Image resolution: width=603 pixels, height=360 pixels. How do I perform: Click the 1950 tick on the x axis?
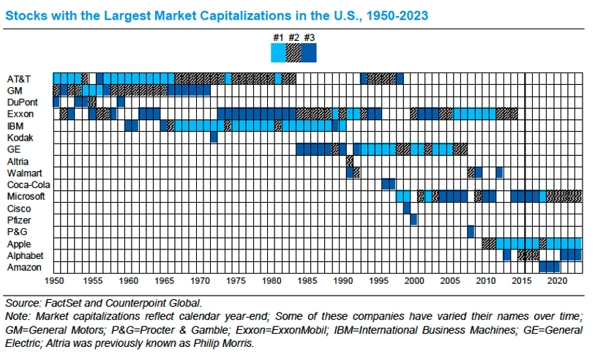pyautogui.click(x=56, y=280)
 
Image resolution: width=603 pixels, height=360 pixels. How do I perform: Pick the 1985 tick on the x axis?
pyautogui.click(x=307, y=280)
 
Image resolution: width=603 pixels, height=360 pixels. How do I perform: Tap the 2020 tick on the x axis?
pyautogui.click(x=558, y=280)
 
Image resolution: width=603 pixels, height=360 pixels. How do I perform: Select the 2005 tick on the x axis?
pyautogui.click(x=450, y=280)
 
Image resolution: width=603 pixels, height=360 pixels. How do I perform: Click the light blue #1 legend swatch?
pyautogui.click(x=278, y=53)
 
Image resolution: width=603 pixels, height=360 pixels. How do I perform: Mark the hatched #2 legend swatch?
pyautogui.click(x=293, y=53)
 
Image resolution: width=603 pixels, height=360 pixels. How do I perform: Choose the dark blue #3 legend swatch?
pyautogui.click(x=309, y=53)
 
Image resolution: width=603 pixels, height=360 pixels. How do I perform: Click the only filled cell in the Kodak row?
pyautogui.click(x=214, y=138)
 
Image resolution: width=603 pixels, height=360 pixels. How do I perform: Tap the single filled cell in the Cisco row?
pyautogui.click(x=407, y=208)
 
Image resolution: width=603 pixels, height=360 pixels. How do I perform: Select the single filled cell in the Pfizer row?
pyautogui.click(x=414, y=220)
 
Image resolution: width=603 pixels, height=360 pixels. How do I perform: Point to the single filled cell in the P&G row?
pyautogui.click(x=471, y=231)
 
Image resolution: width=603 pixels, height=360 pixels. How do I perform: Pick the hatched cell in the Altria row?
pyautogui.click(x=350, y=161)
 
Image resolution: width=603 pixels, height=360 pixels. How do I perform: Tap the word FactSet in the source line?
pyautogui.click(x=62, y=302)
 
